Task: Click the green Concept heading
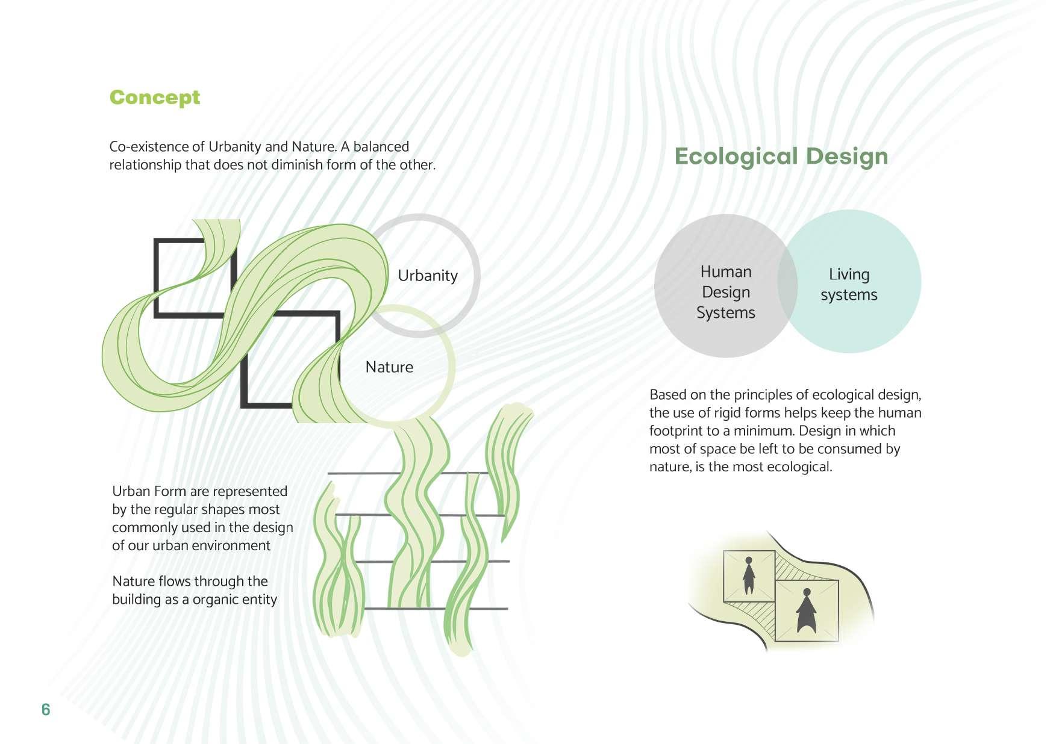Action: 154,98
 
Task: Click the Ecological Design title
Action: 781,157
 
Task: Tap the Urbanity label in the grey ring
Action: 428,276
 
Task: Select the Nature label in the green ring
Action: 389,367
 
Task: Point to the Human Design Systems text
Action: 725,292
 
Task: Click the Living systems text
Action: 849,285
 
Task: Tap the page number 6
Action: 46,710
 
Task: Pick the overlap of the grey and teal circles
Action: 787,283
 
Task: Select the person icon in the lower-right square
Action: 806,610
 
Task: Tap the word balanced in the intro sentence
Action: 381,147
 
